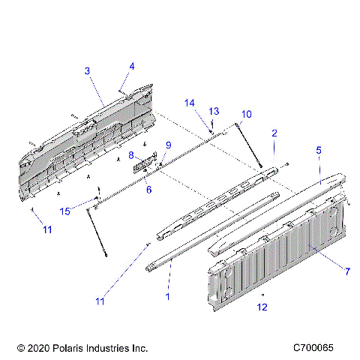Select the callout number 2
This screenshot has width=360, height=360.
(x=274, y=133)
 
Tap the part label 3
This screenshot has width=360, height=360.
(x=87, y=70)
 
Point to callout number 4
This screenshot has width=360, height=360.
(x=132, y=67)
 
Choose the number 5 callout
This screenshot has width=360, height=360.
(x=319, y=151)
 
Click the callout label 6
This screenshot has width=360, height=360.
(x=148, y=190)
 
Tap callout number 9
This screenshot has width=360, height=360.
(x=168, y=145)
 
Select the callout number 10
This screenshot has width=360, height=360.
(x=246, y=114)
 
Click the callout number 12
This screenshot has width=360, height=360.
(x=262, y=306)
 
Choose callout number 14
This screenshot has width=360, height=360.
(x=190, y=103)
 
